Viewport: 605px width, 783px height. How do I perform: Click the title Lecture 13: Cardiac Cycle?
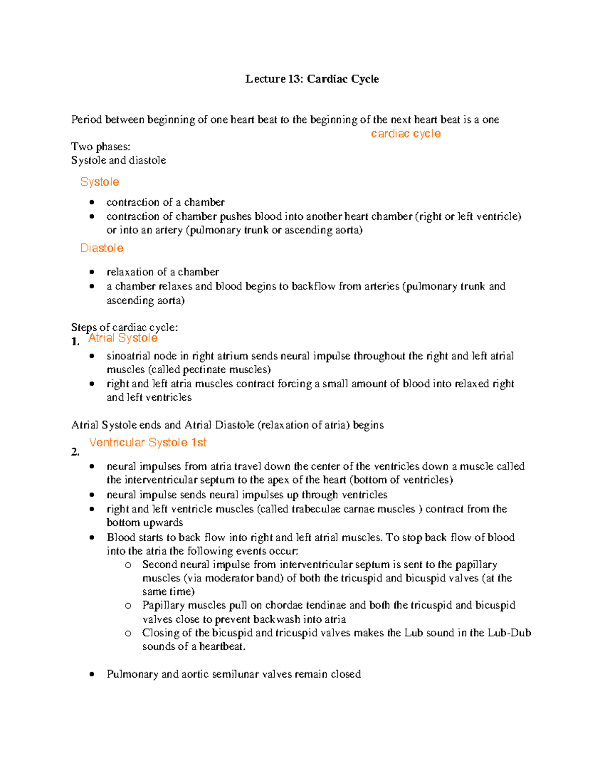click(312, 79)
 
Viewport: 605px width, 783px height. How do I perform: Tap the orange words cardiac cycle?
click(405, 134)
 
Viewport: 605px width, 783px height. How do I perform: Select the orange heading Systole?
click(100, 182)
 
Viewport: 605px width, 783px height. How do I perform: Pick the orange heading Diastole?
click(102, 248)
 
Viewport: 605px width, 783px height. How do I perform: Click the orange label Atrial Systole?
click(123, 338)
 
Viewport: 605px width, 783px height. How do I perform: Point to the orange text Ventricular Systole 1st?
click(148, 442)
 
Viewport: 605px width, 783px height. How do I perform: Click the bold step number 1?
click(75, 342)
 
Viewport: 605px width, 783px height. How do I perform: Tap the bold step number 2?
click(75, 452)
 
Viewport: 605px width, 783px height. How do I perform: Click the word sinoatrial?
click(128, 356)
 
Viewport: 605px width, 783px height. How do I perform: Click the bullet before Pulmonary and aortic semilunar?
click(92, 674)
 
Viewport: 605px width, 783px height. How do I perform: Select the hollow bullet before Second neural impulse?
click(128, 565)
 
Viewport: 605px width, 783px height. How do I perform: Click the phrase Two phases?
click(100, 147)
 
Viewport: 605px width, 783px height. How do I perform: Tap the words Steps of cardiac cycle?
click(124, 327)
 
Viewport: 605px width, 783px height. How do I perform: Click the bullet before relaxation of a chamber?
click(92, 272)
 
